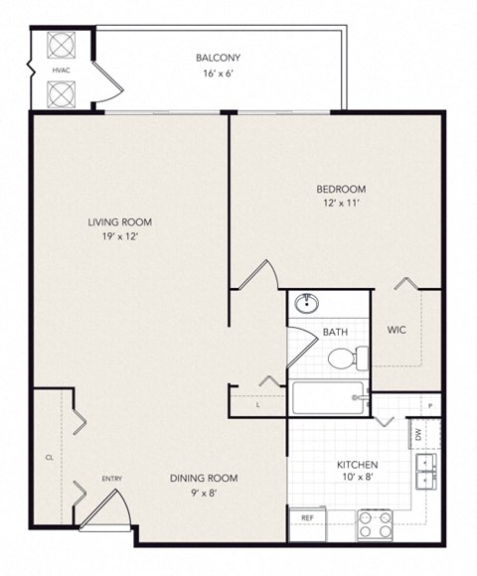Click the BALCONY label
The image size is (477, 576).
(x=219, y=57)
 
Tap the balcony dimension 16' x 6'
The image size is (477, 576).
(x=219, y=72)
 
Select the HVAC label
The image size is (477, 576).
(x=60, y=72)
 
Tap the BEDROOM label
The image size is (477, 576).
(x=341, y=190)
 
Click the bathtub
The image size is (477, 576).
(x=327, y=400)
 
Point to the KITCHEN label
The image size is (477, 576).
(x=357, y=465)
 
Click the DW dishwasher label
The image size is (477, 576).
(x=417, y=433)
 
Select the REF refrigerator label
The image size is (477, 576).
(x=306, y=517)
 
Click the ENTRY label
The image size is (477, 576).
(x=112, y=480)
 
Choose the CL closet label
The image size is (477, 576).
(x=47, y=457)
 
